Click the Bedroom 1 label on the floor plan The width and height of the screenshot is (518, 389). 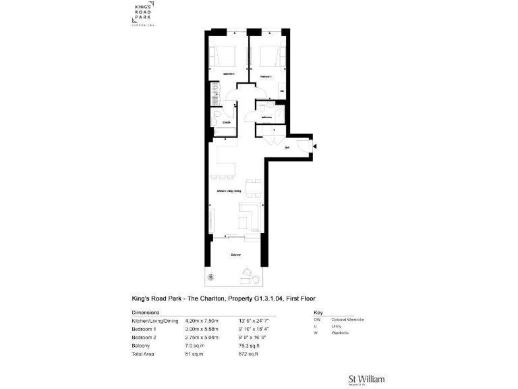coord(229,73)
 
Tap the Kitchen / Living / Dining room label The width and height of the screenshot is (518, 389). coord(229,191)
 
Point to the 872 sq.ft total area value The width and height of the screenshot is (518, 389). coord(248,353)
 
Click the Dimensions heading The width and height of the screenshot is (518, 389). coord(145,313)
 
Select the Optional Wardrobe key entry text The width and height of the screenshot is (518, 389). coord(348,319)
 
